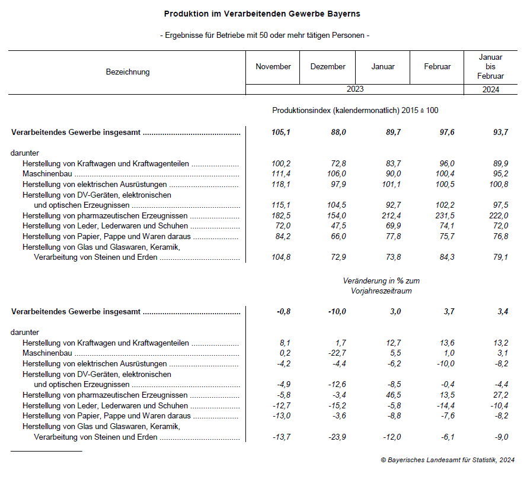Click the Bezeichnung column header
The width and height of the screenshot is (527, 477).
point(127,72)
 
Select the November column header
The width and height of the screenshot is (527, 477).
point(273,67)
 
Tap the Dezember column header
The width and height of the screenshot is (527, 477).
point(328,67)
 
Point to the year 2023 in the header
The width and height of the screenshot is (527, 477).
point(355,89)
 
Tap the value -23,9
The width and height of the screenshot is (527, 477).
point(336,437)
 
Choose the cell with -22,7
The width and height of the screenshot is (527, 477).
point(336,353)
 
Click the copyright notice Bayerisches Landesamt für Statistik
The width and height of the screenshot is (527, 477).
point(448,459)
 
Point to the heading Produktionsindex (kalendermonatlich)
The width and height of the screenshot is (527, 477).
point(355,111)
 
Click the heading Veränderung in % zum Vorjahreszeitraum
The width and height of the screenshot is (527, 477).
point(381,286)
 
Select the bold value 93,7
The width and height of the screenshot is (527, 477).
point(499,133)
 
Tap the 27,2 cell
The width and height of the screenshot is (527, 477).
point(499,395)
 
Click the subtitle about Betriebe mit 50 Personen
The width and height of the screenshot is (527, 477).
point(265,36)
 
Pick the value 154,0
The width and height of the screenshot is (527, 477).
point(336,215)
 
